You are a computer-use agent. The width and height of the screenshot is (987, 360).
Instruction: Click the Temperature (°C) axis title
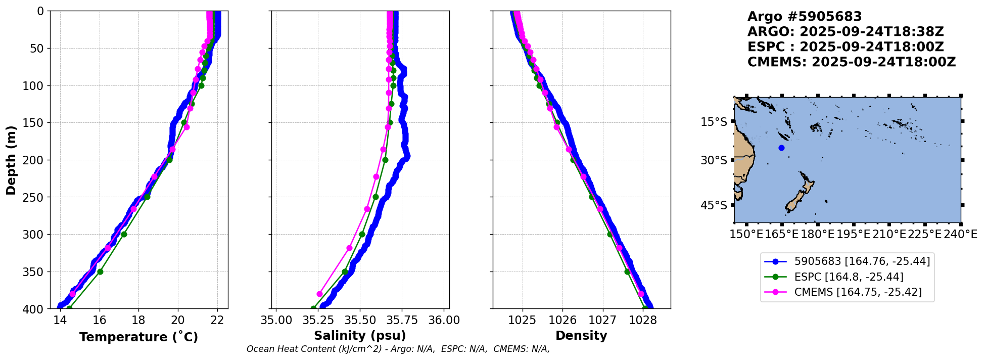(x=138, y=337)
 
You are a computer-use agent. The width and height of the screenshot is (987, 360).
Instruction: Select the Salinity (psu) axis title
(x=360, y=336)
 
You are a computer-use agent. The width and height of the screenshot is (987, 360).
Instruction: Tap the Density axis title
(x=581, y=336)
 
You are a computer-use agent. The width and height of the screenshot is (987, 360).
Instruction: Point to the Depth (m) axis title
(x=11, y=160)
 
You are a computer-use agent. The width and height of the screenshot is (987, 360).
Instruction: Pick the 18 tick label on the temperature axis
(x=138, y=320)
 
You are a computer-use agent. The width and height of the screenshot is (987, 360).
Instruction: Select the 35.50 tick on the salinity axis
(x=360, y=320)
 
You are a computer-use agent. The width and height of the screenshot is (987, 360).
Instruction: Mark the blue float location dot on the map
(x=781, y=148)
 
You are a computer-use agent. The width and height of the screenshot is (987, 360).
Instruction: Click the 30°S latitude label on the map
(x=714, y=160)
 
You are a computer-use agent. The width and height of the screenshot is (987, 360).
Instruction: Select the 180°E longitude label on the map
(x=817, y=235)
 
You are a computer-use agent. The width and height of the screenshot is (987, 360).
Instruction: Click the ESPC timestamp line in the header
(x=845, y=47)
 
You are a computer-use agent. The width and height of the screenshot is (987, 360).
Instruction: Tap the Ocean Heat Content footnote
(x=398, y=349)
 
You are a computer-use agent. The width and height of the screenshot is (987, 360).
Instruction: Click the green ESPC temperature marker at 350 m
(x=100, y=272)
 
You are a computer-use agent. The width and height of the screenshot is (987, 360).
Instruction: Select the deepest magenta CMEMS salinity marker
(x=319, y=294)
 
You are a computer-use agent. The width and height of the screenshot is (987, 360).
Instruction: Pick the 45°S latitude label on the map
(x=714, y=205)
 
